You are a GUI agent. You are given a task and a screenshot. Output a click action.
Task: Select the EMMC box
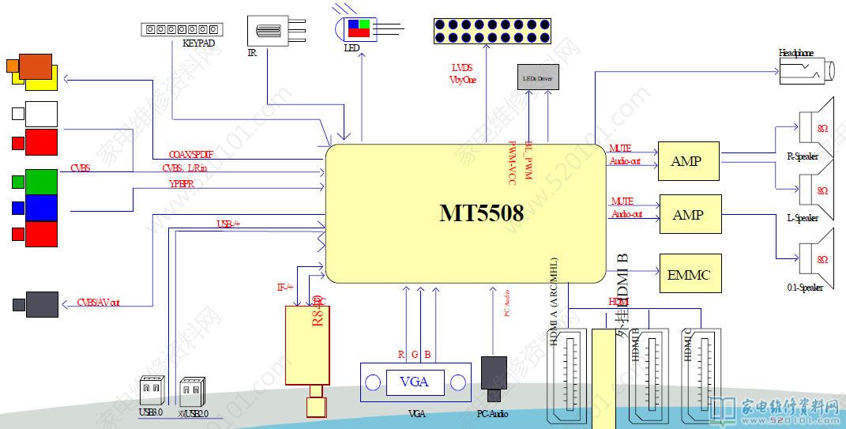tap(689, 275)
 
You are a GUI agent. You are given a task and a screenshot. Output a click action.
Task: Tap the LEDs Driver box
tap(538, 78)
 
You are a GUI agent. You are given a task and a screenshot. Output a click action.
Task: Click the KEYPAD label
tap(198, 44)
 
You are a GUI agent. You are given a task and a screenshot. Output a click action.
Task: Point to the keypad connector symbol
tap(182, 29)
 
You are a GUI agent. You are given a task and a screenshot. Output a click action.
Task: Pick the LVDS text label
tap(462, 68)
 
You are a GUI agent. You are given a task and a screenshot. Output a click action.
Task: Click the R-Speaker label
tap(803, 156)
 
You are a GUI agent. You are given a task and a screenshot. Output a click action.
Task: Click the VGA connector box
tap(414, 382)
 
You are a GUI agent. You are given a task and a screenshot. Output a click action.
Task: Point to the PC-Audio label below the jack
tap(492, 414)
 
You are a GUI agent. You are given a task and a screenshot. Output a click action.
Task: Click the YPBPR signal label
tap(182, 183)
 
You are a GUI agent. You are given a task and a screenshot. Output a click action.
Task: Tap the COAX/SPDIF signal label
tap(190, 154)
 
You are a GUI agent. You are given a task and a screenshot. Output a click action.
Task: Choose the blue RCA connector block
tap(40, 208)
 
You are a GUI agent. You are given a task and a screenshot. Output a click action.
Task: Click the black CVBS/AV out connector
tap(41, 304)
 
